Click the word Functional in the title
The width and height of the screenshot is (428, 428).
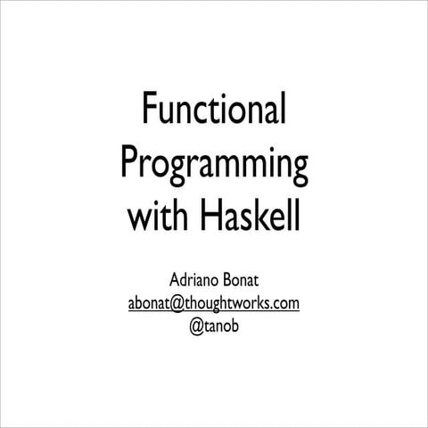[x=214, y=112]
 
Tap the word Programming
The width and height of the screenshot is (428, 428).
[x=214, y=166]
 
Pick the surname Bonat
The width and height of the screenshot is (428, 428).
[x=243, y=282]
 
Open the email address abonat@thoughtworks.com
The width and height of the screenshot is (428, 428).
[x=214, y=303]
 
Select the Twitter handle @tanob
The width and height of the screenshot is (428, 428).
[x=214, y=325]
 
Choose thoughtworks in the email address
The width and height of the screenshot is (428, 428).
[x=223, y=303]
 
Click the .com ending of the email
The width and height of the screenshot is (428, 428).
[x=285, y=304]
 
